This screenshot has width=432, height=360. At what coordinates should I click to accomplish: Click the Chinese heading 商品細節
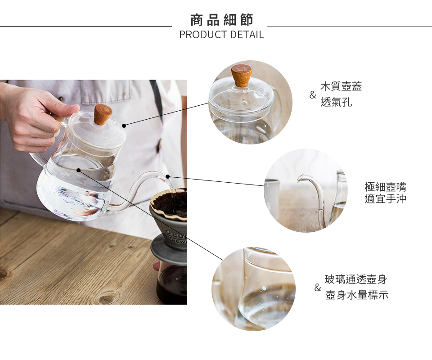pyautogui.click(x=221, y=20)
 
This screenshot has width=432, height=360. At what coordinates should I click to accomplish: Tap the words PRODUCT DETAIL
pyautogui.click(x=221, y=35)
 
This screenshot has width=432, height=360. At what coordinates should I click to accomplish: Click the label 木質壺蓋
pyautogui.click(x=341, y=86)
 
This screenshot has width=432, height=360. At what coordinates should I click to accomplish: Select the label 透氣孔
pyautogui.click(x=336, y=102)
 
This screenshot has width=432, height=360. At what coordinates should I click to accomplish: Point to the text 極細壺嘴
pyautogui.click(x=385, y=187)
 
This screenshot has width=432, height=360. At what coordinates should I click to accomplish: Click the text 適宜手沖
pyautogui.click(x=385, y=198)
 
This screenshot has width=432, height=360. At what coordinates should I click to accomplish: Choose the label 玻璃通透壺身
pyautogui.click(x=356, y=279)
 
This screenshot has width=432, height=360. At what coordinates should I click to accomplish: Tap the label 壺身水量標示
pyautogui.click(x=356, y=295)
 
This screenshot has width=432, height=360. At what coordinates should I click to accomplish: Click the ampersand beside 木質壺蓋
pyautogui.click(x=312, y=95)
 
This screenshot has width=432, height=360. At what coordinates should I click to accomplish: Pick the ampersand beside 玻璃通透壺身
pyautogui.click(x=317, y=288)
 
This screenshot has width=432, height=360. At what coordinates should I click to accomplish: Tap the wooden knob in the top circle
pyautogui.click(x=242, y=76)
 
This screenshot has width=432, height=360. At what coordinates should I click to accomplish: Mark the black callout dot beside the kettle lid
pyautogui.click(x=124, y=126)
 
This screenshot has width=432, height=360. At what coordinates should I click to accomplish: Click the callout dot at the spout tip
pyautogui.click(x=167, y=176)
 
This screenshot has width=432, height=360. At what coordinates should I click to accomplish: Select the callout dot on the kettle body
pyautogui.click(x=78, y=170)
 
